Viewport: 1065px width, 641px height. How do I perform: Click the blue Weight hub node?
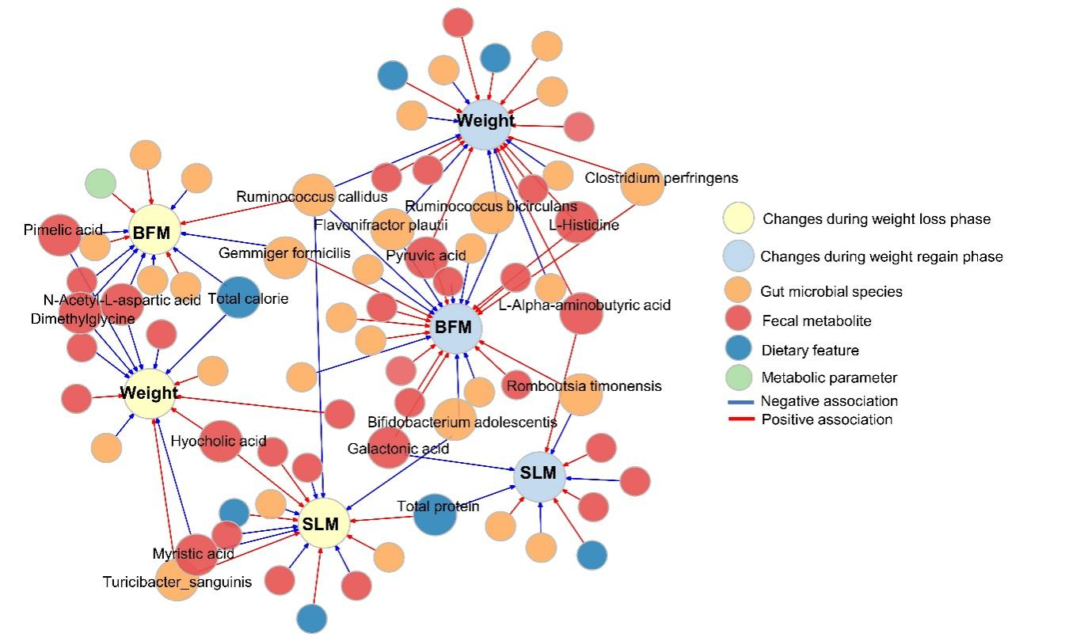pos(485,123)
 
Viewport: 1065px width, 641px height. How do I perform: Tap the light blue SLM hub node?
pos(539,476)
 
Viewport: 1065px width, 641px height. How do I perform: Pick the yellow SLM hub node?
pos(322,523)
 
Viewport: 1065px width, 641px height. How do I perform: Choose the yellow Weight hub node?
pos(149,393)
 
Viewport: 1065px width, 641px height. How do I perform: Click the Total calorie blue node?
pos(238,298)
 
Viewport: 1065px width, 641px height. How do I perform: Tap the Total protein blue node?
pos(435,514)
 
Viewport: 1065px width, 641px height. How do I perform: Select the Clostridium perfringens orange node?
pos(641,184)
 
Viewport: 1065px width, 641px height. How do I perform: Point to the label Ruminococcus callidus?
pos(311,196)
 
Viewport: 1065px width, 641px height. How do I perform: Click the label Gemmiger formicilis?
pos(284,252)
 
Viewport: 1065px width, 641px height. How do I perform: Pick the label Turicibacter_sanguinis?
pos(177,582)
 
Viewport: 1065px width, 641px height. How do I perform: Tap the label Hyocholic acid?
pos(219,441)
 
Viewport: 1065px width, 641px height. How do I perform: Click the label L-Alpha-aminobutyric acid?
pos(584,305)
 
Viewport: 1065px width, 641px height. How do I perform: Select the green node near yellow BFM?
pos(101,184)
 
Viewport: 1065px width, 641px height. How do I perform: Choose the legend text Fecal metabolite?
pos(816,320)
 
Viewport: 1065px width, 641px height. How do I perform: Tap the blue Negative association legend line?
pos(741,401)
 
